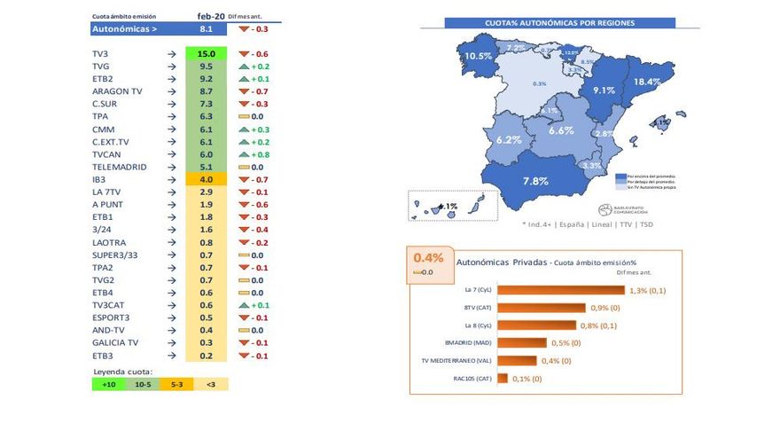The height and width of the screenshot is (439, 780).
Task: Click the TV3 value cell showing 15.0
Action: [x=205, y=54]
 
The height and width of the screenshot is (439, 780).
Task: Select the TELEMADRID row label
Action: [x=120, y=167]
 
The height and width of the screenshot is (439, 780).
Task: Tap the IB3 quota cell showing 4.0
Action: [x=205, y=179]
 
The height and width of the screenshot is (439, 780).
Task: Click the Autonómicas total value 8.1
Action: [x=205, y=29]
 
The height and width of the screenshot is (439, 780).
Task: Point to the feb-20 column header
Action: [x=210, y=16]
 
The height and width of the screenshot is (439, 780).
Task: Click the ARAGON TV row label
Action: [x=117, y=91]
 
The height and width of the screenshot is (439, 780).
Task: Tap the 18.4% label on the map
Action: [x=647, y=82]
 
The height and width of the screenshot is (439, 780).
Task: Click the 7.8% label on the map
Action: [x=535, y=182]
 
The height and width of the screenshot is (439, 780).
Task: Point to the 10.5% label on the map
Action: [x=478, y=56]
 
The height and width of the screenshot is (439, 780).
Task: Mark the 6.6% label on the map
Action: [x=561, y=130]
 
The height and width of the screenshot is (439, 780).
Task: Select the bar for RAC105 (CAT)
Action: [x=503, y=379]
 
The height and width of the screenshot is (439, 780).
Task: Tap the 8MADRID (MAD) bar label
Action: [x=470, y=342]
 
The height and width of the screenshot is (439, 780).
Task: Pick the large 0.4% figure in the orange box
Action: [x=428, y=258]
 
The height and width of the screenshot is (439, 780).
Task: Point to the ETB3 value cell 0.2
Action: [x=205, y=356]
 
